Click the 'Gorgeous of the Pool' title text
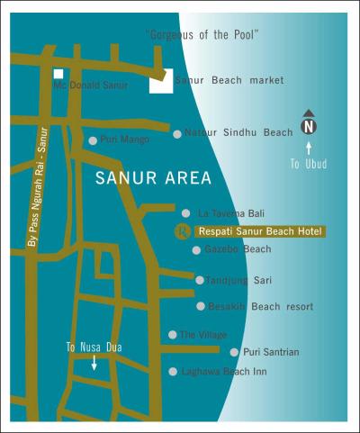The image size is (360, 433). tap(202, 34)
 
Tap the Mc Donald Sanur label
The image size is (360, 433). tap(91, 86)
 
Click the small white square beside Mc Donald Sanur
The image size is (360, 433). tap(58, 75)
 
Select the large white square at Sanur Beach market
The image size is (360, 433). tap(160, 82)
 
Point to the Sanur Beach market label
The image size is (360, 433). tap(229, 80)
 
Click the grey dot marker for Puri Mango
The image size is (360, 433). tap(93, 140)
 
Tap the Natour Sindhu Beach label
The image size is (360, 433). tap(238, 132)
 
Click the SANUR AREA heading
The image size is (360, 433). tap(153, 178)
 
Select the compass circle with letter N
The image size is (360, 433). tap(309, 125)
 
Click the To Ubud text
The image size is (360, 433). tap(309, 164)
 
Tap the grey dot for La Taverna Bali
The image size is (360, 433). tap(186, 213)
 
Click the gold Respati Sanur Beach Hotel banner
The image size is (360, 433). tap(260, 231)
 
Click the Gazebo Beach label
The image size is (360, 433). tap(238, 249)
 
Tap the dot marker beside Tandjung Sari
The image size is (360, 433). tap(200, 280)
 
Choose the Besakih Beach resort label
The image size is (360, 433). tap(259, 306)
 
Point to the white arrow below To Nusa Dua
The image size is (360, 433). tap(94, 362)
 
